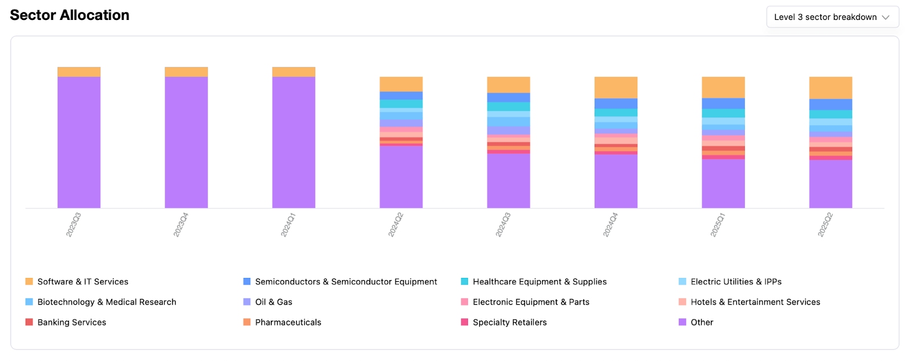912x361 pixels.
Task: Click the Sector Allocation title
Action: pos(70,15)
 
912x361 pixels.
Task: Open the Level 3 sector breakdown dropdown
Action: pos(832,17)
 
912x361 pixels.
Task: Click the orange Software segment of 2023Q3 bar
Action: pos(79,72)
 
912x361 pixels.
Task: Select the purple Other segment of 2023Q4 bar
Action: pos(186,142)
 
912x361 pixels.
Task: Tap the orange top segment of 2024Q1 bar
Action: pos(294,72)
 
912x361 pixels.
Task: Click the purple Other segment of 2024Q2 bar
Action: pos(401,177)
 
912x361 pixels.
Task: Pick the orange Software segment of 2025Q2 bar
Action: pos(830,88)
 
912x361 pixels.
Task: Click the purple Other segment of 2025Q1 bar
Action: pos(723,183)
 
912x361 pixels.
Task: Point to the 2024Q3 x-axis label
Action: pos(503,225)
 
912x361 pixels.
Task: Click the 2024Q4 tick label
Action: pos(610,225)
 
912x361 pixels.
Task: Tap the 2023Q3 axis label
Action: pos(74,225)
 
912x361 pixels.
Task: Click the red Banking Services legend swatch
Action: pos(29,322)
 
